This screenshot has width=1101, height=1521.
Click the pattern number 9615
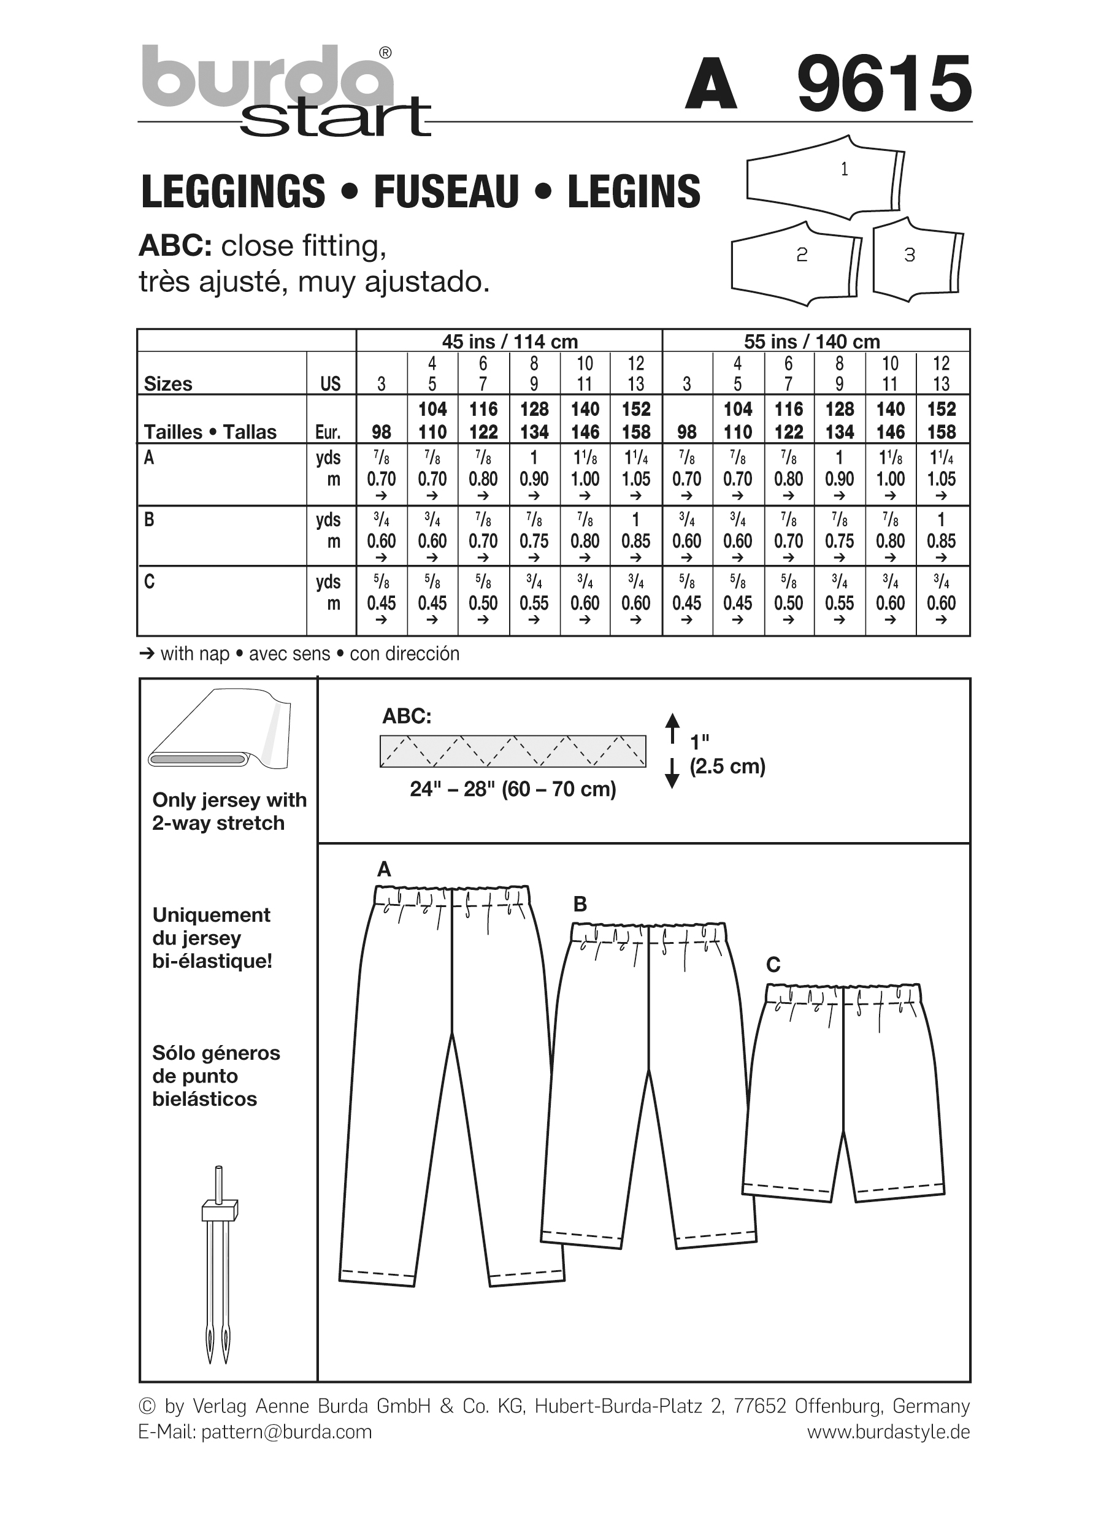(x=884, y=85)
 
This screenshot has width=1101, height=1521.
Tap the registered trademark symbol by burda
(x=386, y=53)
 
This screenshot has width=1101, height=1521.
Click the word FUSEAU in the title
(x=447, y=192)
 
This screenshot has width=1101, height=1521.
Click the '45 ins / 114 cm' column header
(x=509, y=342)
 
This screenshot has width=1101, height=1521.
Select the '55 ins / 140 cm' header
(x=811, y=342)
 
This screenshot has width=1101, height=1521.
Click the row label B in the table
(x=149, y=519)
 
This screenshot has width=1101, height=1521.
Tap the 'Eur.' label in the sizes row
(x=329, y=432)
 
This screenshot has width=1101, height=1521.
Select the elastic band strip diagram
(x=512, y=751)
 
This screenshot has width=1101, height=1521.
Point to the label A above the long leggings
(x=383, y=870)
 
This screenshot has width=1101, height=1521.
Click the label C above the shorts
(x=773, y=965)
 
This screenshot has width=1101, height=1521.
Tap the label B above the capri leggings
(x=580, y=905)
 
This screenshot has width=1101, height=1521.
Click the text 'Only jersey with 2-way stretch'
(x=229, y=811)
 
